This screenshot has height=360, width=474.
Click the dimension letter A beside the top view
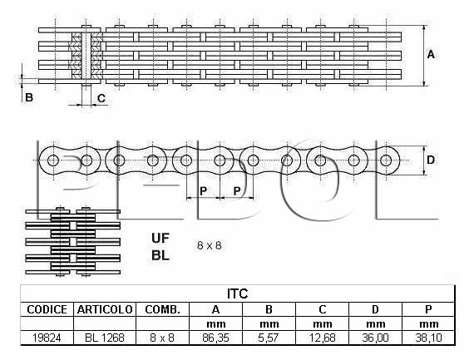tap(431, 55)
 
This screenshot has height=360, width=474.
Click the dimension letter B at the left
tap(29, 97)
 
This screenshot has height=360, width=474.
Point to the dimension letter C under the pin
tap(101, 98)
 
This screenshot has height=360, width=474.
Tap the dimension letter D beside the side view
tap(431, 160)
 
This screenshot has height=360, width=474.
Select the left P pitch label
tap(204, 191)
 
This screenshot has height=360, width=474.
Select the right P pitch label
tap(237, 191)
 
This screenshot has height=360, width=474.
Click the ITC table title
tap(237, 293)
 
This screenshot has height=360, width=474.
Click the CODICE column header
tap(47, 309)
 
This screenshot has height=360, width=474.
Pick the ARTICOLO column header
tap(105, 309)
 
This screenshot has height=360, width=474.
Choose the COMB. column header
tap(163, 309)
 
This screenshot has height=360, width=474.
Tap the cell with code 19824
tap(47, 338)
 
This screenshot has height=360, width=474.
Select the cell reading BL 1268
tap(105, 338)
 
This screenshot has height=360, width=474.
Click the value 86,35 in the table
tap(215, 338)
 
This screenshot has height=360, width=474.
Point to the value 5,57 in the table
tap(269, 338)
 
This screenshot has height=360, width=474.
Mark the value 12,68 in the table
tap(323, 338)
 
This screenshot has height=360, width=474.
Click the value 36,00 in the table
tap(375, 338)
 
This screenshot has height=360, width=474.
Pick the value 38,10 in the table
tap(428, 338)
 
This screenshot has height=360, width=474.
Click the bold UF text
tap(160, 239)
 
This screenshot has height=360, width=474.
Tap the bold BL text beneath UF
tap(160, 256)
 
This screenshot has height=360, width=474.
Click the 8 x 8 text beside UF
tap(210, 245)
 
